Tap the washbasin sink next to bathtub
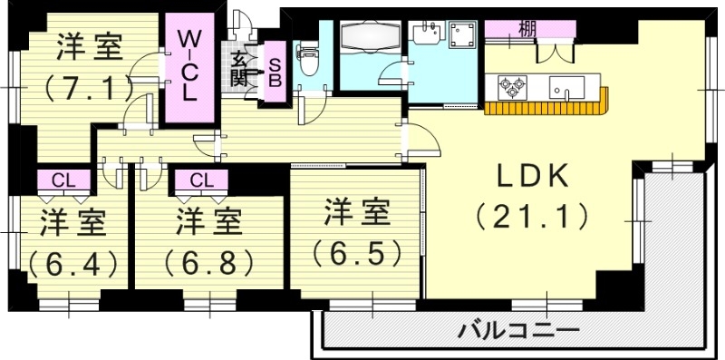423,35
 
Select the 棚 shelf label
526,27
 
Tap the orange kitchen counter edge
544,110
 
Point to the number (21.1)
532,217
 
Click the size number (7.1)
87,89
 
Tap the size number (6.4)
72,263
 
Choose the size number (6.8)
209,263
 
